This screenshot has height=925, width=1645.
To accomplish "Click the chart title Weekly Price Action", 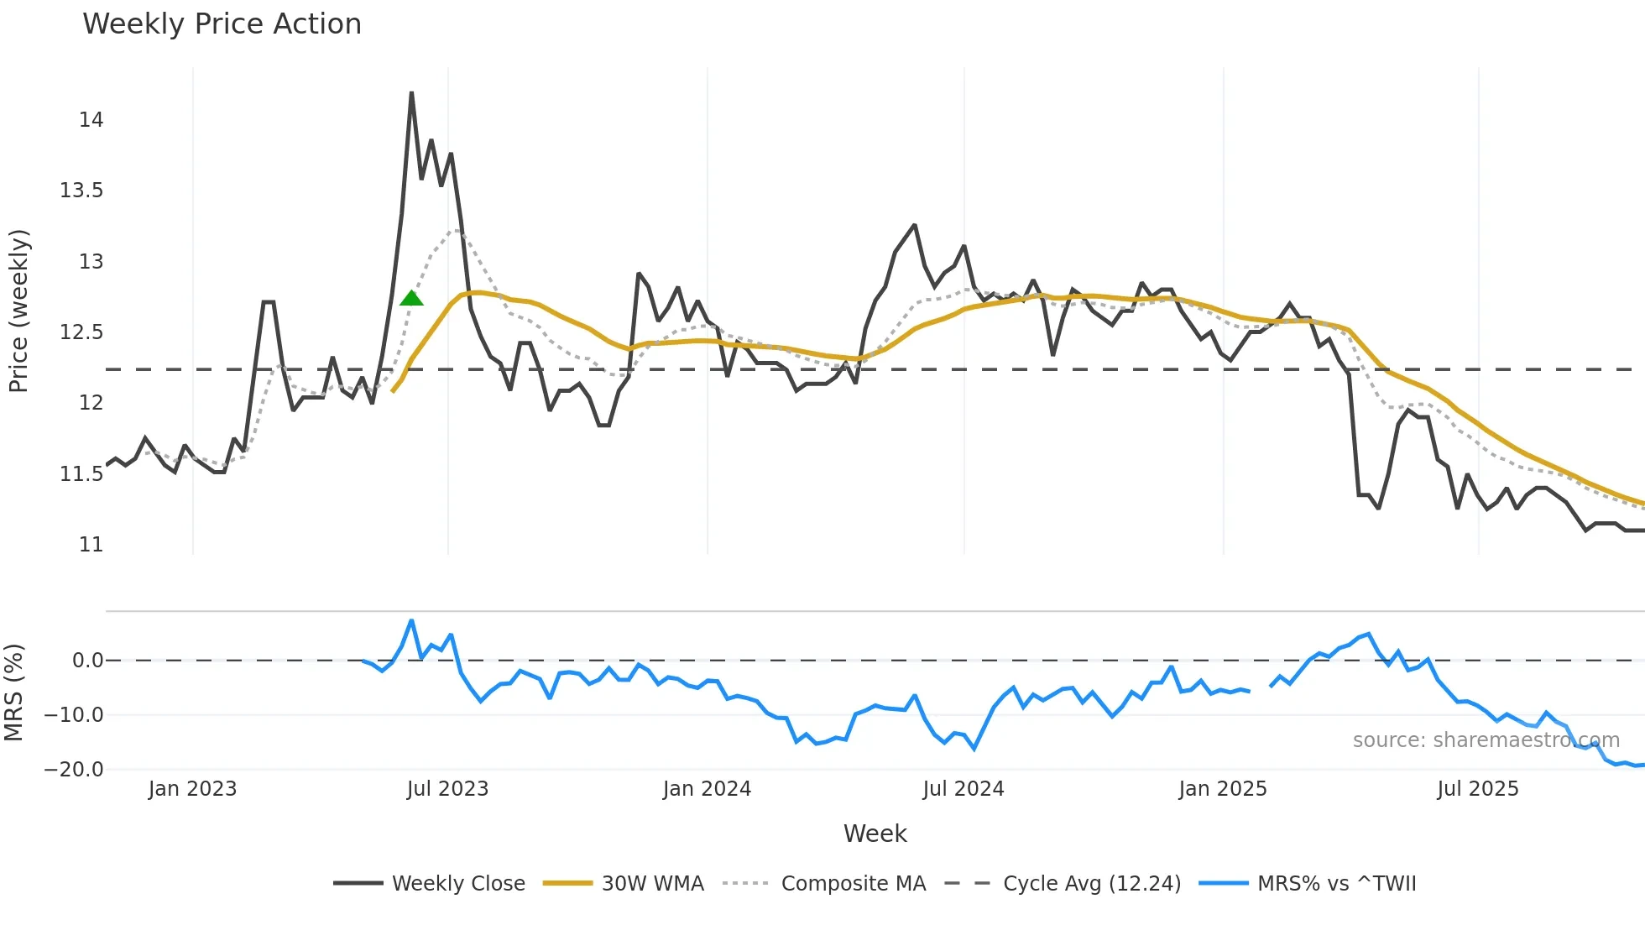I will click(222, 24).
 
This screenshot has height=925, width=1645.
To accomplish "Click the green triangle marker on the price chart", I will click(411, 298).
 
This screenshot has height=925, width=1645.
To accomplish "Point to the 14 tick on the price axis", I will click(91, 120).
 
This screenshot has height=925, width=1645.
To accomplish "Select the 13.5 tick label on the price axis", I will click(81, 191).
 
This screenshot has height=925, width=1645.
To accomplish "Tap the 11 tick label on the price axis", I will click(91, 545).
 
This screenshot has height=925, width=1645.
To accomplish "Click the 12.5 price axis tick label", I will click(81, 332).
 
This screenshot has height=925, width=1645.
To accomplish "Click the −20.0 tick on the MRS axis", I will click(74, 770).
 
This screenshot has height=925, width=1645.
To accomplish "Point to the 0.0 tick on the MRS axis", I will click(87, 661).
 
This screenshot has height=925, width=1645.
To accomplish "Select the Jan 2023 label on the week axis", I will click(192, 789).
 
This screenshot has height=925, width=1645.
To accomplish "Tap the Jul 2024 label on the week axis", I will click(963, 789).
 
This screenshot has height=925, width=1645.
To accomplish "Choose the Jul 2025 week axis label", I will click(1477, 789).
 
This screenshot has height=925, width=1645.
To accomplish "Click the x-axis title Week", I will click(875, 834).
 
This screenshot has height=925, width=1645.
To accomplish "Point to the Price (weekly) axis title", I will click(18, 311).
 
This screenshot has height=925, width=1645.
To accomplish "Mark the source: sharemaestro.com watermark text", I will click(1486, 740).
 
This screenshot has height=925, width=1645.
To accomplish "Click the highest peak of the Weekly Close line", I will click(411, 93).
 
